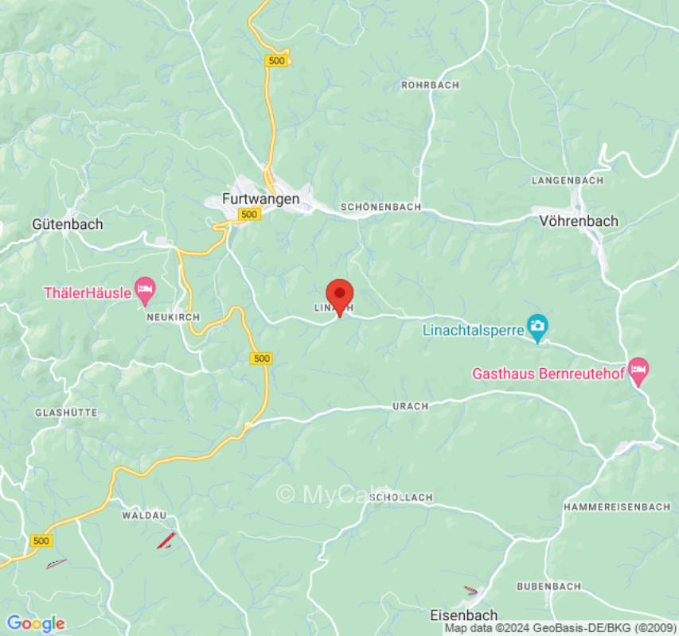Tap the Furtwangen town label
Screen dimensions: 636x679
(260, 199)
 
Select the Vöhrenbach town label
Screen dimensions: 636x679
(579, 221)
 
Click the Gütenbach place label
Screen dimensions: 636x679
(68, 224)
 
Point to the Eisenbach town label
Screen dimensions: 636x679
(463, 615)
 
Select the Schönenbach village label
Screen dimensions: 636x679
(380, 207)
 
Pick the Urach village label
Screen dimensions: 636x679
(410, 406)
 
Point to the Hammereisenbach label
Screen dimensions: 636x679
(616, 507)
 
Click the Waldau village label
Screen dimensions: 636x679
(144, 516)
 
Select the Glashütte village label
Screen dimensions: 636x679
(66, 413)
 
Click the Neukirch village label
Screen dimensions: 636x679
(167, 316)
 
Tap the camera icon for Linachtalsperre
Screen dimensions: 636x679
(538, 327)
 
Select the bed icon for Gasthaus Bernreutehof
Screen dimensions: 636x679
(638, 369)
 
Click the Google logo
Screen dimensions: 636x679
(35, 623)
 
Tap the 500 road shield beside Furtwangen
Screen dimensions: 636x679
(248, 215)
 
